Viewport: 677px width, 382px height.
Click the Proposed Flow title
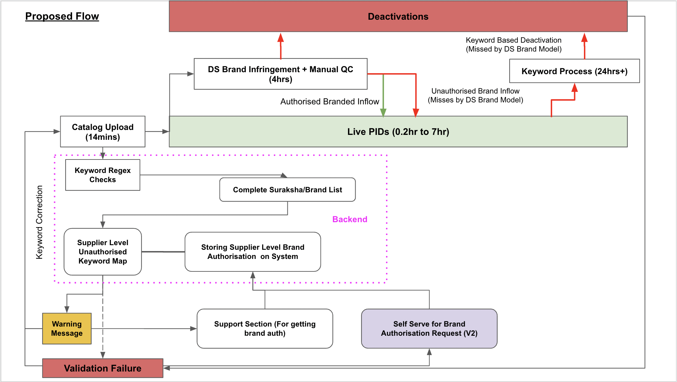coord(62,16)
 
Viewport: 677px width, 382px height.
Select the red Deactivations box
coord(398,16)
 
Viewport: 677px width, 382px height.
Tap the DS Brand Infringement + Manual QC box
coord(280,74)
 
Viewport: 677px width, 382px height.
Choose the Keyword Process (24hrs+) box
coord(574,71)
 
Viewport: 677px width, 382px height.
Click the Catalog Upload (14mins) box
coord(103,132)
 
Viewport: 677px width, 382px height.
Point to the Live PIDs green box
coord(398,132)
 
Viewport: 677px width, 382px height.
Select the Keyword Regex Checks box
coord(103,175)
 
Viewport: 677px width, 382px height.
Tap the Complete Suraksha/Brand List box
coord(287,190)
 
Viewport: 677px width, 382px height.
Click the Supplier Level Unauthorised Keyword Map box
coord(103,252)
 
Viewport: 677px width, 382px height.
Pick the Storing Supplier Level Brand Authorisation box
coord(253,252)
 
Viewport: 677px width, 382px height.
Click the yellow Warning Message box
coord(67,329)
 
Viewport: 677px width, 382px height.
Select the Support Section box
coord(265,329)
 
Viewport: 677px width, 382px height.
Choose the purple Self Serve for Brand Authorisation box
coord(429,329)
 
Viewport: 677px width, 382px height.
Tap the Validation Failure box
coord(103,368)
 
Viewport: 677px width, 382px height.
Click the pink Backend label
coord(350,219)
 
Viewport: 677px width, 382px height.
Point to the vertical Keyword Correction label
coord(39,222)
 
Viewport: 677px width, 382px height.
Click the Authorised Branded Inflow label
coord(329,102)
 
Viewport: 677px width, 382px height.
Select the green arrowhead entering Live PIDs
coord(383,113)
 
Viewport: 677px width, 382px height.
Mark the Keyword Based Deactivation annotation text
coord(513,45)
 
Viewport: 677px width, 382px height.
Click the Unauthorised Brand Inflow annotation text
coord(475,95)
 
